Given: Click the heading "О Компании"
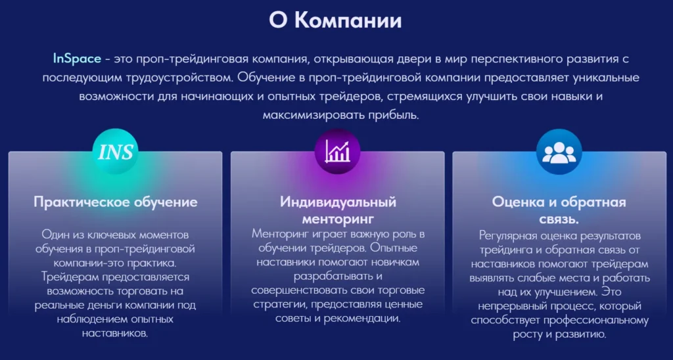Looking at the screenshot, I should point(335,20).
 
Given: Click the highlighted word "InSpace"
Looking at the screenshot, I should point(77,58).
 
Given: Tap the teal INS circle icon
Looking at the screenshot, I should point(116,153).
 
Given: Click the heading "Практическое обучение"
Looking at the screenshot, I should point(116,202).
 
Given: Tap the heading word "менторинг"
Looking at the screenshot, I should point(337,218).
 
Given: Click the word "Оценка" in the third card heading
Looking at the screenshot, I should point(518,202).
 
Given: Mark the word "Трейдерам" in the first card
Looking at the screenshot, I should point(69,277).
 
